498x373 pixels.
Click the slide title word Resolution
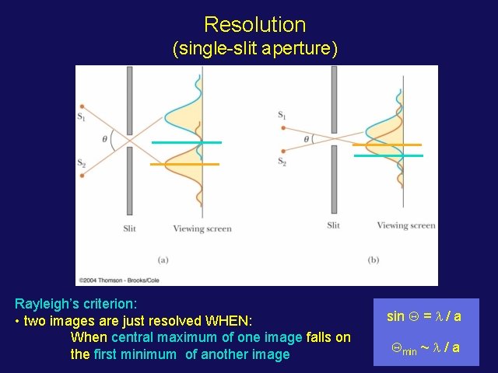coord(254,24)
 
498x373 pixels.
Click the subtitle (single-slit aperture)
coord(254,49)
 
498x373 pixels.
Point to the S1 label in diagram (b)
coord(282,116)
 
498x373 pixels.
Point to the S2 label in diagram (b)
coord(282,162)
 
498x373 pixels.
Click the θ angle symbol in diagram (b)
coord(307,139)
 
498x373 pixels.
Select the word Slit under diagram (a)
coord(131,228)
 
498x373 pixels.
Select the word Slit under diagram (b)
coord(333,225)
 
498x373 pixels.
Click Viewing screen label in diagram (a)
coord(202,228)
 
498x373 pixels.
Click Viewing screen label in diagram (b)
coord(406,225)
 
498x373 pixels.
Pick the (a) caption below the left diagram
coord(163,259)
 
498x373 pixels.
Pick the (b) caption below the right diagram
coord(373,259)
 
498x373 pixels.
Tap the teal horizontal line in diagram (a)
coord(187,143)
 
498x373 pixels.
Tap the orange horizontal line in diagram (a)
coord(184,164)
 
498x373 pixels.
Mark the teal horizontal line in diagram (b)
coord(388,156)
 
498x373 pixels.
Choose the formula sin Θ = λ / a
coord(424,316)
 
